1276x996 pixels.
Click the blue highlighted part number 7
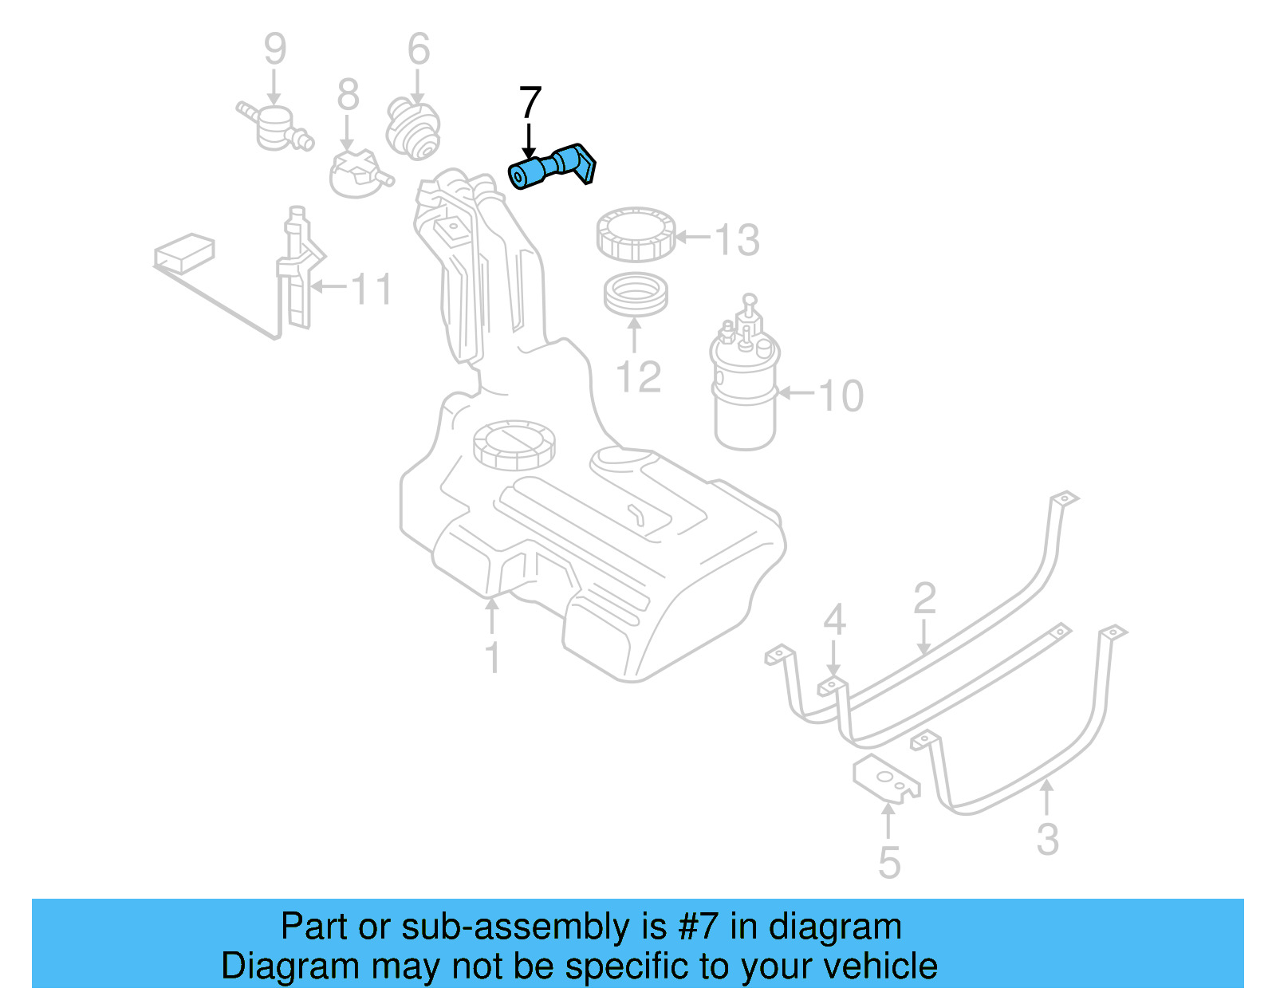[552, 167]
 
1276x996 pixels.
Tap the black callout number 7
[530, 104]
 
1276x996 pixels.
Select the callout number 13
[736, 239]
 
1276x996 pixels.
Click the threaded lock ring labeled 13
[636, 234]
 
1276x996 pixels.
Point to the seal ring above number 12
[635, 295]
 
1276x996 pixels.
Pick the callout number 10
[841, 396]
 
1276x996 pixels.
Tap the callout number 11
[372, 289]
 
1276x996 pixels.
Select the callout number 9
[274, 49]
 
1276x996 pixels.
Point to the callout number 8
[348, 96]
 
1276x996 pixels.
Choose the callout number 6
[419, 49]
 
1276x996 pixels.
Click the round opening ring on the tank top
[513, 444]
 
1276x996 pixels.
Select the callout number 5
[889, 863]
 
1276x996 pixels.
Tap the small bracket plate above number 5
[885, 778]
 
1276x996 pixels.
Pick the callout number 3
[1047, 839]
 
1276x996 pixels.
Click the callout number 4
[833, 619]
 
